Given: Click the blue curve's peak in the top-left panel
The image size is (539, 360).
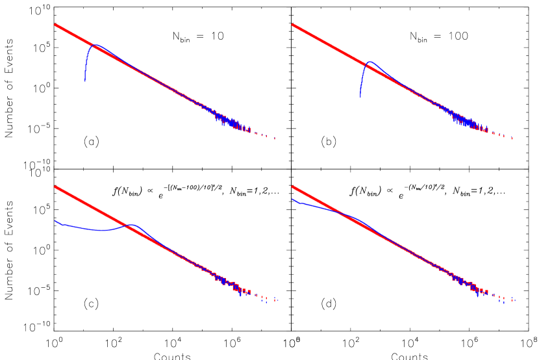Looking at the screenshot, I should [95, 45].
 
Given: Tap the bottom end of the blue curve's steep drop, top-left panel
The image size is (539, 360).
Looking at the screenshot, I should [84, 81].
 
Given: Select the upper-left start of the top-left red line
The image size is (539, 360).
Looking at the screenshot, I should [55, 24].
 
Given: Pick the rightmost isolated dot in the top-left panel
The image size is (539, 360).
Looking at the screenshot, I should [275, 138].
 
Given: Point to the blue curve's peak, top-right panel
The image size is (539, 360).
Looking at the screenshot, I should [370, 62].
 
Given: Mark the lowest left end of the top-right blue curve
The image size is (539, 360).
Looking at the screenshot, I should [360, 97].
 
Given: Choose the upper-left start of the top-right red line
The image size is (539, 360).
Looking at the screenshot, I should [292, 24].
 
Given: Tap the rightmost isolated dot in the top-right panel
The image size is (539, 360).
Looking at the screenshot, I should [512, 138].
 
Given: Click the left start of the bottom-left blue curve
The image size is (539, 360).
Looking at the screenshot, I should [55, 220].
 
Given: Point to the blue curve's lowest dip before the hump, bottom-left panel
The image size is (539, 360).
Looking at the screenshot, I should [101, 230].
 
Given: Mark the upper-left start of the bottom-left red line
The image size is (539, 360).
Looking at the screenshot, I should [55, 186].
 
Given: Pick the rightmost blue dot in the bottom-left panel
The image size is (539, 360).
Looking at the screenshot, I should [266, 302].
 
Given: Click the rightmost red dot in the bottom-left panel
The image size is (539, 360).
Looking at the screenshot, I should [275, 300].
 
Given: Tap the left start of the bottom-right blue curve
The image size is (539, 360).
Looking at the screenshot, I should [292, 199].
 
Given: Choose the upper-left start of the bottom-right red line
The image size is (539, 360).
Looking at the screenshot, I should [292, 186].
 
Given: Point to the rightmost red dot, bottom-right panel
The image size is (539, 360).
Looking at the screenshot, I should [513, 300].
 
